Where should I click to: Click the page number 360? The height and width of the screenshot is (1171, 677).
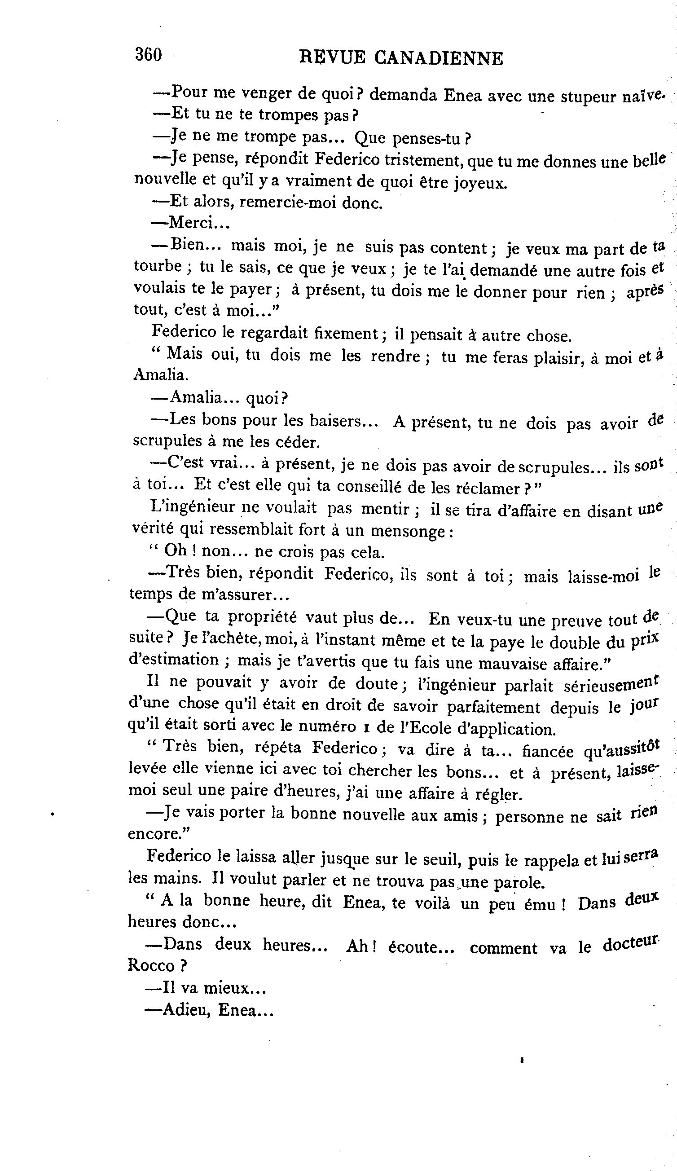148,55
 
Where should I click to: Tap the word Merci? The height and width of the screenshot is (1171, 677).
190,223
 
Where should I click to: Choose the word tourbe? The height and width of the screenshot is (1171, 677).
157,266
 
